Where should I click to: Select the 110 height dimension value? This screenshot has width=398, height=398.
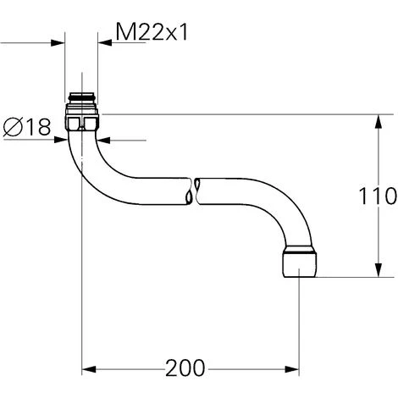click(x=379, y=196)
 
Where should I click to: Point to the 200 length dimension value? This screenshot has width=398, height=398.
click(x=185, y=369)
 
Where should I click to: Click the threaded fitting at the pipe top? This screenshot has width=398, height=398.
click(x=82, y=99)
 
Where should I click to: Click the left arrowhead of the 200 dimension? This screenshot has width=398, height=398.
click(x=88, y=369)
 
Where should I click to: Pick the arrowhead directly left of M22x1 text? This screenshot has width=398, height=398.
click(x=106, y=42)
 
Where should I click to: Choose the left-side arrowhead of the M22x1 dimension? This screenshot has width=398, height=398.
click(x=59, y=42)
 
